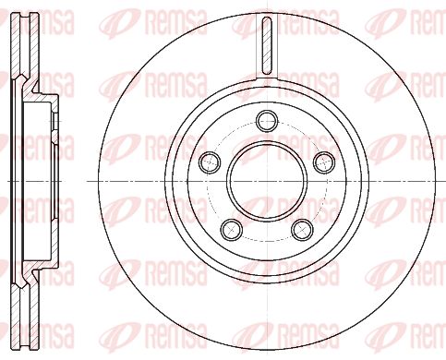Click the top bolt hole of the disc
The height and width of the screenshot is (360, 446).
click(x=267, y=121)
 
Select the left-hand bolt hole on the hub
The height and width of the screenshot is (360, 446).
click(x=210, y=162)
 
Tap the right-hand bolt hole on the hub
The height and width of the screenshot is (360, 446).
click(x=324, y=162)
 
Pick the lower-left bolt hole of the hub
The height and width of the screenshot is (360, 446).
click(x=232, y=230)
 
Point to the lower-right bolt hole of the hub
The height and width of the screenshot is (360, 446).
click(x=303, y=230)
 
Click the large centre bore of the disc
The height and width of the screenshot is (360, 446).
click(x=267, y=182)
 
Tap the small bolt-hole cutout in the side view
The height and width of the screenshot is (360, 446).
click(x=54, y=121)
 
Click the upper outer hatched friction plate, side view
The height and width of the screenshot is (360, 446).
click(x=16, y=45)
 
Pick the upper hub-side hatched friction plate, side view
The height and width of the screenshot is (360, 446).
click(x=34, y=46)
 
